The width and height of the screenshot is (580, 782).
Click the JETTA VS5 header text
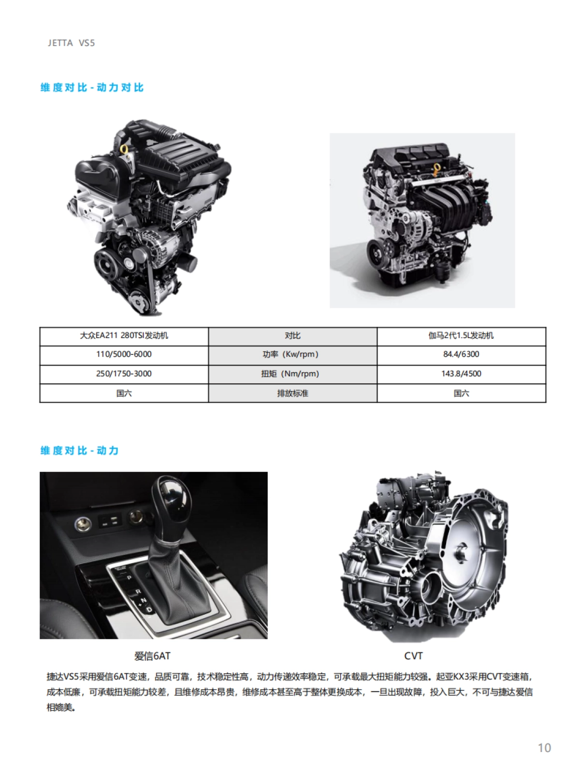coord(71,43)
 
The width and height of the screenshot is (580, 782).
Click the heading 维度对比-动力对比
coord(92,87)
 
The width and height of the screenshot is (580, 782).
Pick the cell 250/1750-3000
coord(124,374)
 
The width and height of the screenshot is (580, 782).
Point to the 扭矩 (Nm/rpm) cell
coord(292,374)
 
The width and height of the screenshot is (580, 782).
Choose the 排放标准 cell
coord(292,393)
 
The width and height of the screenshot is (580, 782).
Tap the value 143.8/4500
coord(461,374)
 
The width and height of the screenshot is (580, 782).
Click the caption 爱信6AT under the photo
coord(152,656)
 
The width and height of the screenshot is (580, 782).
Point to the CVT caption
coord(413,656)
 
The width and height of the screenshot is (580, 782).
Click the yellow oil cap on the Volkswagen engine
coord(124,148)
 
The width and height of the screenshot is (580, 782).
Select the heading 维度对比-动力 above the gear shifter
coord(79,450)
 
